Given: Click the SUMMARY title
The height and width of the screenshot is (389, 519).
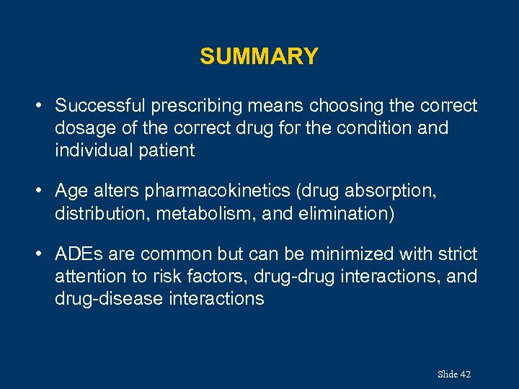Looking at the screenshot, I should [259, 56].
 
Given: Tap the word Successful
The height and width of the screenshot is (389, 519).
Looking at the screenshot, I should [100, 106].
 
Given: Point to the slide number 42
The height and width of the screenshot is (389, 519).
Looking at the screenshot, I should [465, 374].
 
